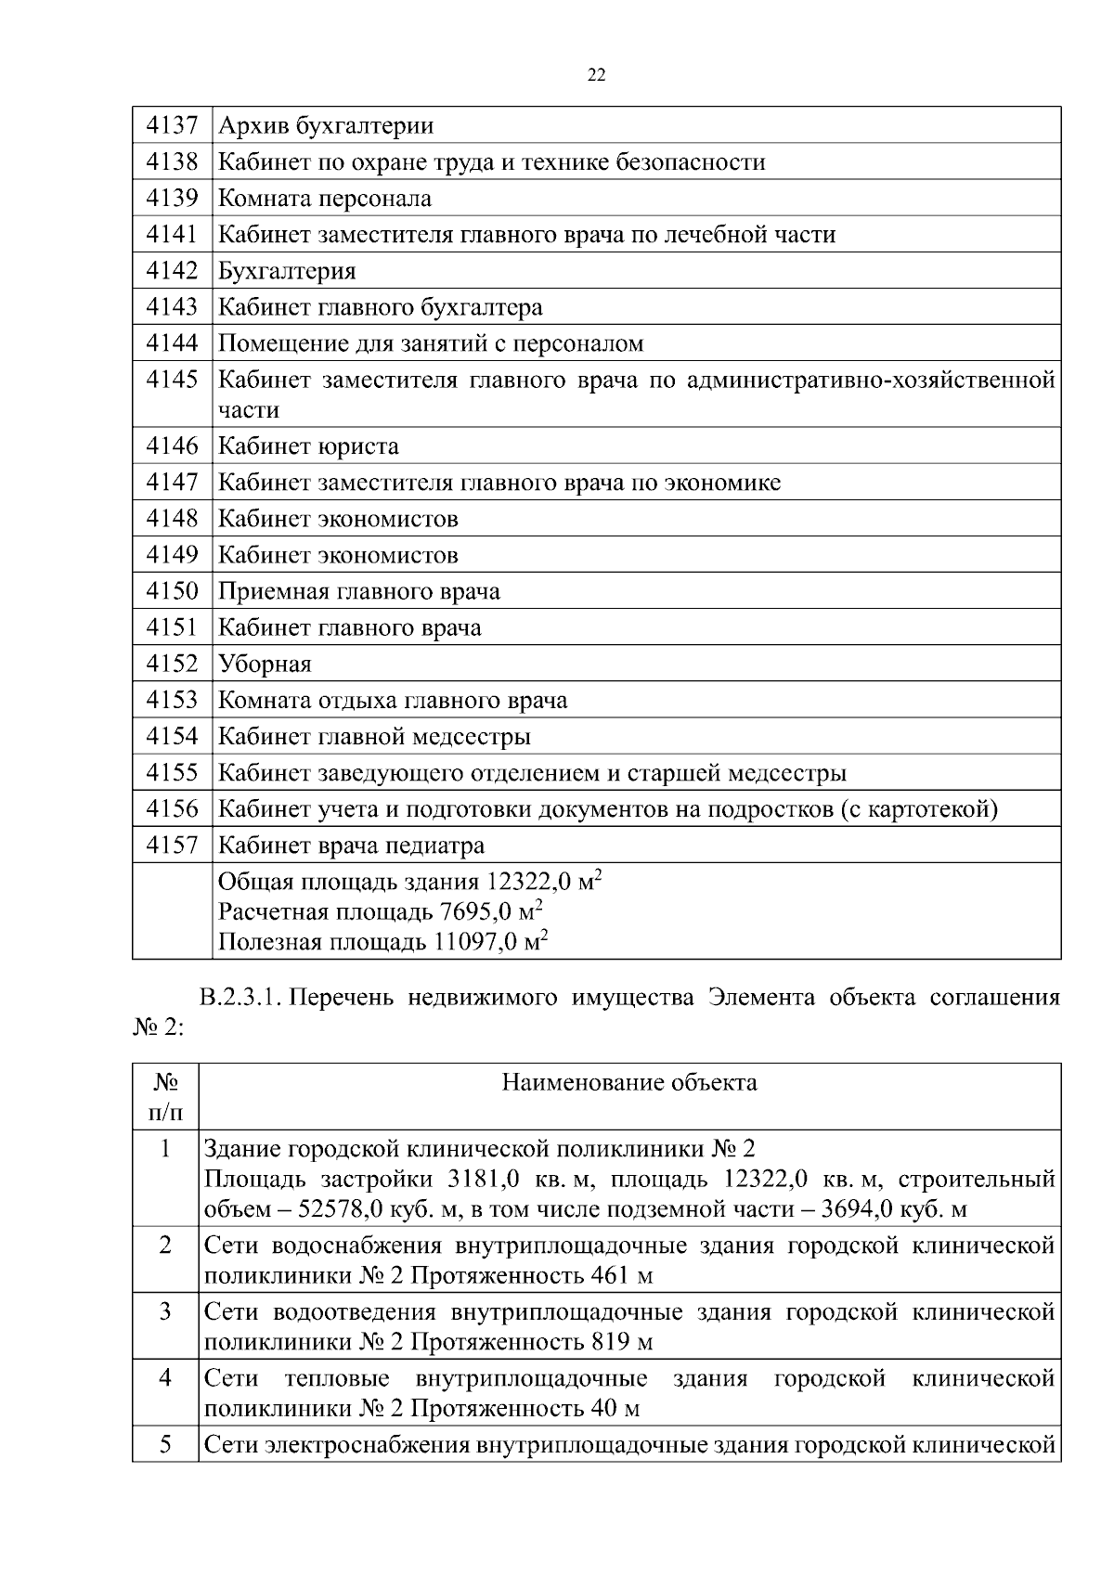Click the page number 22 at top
(x=596, y=76)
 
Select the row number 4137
(x=172, y=125)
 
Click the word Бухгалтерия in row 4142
(x=286, y=271)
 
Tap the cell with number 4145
(x=172, y=380)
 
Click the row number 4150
(x=172, y=591)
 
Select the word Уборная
(x=264, y=665)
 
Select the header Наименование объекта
(x=628, y=1082)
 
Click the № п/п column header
(x=165, y=1096)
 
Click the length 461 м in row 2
(x=621, y=1275)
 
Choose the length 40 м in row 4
(x=615, y=1409)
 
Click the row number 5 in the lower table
(x=165, y=1444)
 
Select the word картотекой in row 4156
(x=929, y=809)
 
